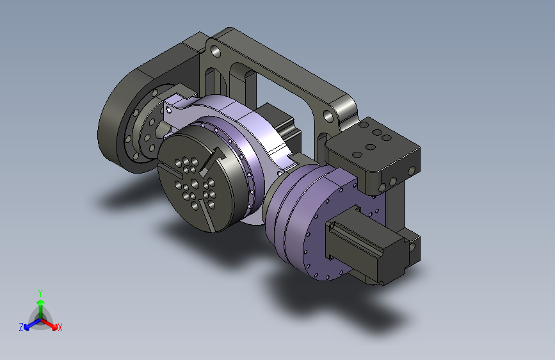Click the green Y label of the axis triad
pyautogui.click(x=40, y=293)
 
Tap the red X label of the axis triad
pyautogui.click(x=60, y=327)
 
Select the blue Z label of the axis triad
pyautogui.click(x=21, y=327)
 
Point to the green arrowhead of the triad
pyautogui.click(x=41, y=303)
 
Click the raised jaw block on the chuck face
pyautogui.click(x=213, y=161)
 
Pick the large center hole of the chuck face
pyautogui.click(x=195, y=184)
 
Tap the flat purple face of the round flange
pyautogui.click(x=336, y=227)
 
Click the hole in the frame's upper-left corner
pyautogui.click(x=216, y=53)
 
